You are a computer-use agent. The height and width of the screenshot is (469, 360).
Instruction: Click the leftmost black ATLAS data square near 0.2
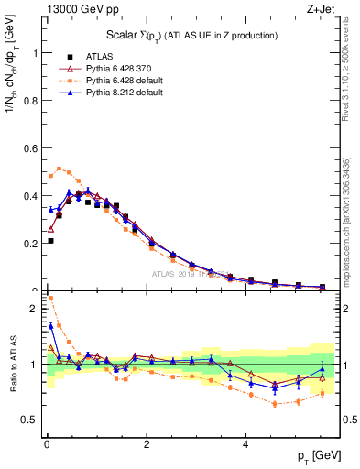50,241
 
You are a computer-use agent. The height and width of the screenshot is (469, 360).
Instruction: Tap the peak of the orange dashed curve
60,169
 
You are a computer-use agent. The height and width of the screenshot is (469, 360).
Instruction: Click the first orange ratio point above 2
50,298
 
